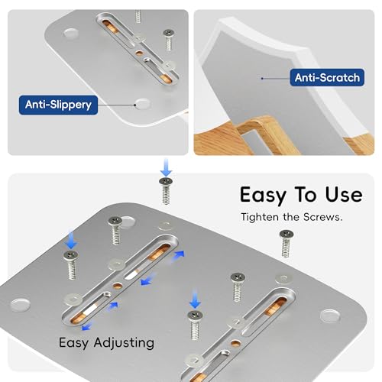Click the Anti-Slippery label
click(x=58, y=105)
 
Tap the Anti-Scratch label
click(x=327, y=77)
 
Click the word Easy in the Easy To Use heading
click(x=264, y=195)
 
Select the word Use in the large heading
click(x=344, y=195)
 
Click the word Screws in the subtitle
click(x=322, y=217)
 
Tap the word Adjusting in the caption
click(x=124, y=343)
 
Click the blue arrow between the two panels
click(x=166, y=167)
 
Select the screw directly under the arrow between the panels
click(x=166, y=191)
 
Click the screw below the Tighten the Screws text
click(x=286, y=244)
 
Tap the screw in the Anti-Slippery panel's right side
click(x=168, y=40)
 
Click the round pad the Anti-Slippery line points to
click(x=142, y=104)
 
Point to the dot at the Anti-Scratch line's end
click(x=262, y=79)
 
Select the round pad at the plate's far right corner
click(x=330, y=316)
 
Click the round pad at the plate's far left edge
click(x=20, y=305)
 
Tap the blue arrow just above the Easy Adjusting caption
click(x=86, y=326)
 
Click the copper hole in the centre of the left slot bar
click(x=118, y=286)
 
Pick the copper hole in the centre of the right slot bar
click(x=236, y=344)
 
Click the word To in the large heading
click(x=306, y=195)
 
